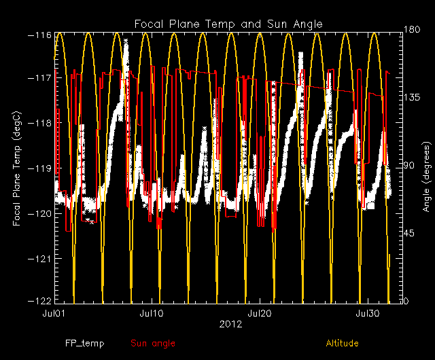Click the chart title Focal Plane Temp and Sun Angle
[x=228, y=24]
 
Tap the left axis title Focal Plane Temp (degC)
[x=16, y=167]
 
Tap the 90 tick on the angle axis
[x=409, y=166]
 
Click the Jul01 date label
[x=54, y=314]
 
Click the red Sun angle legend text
[x=152, y=344]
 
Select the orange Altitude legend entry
[x=342, y=344]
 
